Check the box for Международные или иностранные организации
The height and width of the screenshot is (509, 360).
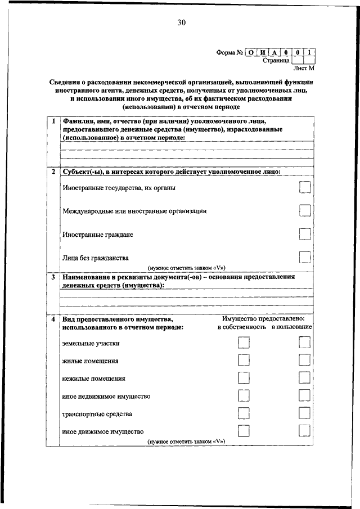305,210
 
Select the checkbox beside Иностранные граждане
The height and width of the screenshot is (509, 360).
305,234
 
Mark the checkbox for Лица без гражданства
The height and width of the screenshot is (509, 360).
305,257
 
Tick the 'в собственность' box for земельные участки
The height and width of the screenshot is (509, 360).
244,343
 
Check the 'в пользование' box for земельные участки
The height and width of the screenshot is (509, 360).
305,343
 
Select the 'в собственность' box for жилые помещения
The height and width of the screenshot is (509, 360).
244,361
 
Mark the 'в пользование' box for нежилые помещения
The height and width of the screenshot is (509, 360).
305,378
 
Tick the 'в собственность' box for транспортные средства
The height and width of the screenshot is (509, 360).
244,413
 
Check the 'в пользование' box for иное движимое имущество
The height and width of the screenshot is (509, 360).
305,431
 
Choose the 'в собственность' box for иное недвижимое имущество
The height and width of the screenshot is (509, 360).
244,396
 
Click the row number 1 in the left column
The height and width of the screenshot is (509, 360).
52,121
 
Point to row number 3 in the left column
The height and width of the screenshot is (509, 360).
52,277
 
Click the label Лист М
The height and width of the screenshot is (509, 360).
303,68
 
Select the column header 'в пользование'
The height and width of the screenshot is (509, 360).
291,327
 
